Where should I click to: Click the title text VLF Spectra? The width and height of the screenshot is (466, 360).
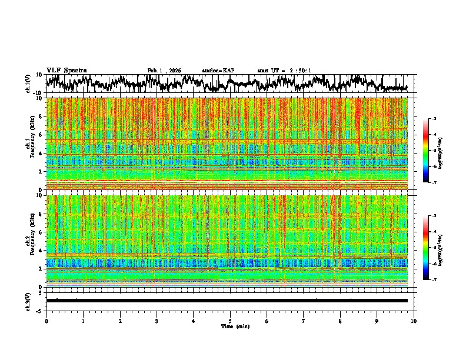66,70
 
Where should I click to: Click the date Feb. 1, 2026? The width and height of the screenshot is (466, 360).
164,71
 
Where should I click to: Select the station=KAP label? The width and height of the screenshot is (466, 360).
218,71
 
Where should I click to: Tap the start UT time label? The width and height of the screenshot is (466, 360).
284,71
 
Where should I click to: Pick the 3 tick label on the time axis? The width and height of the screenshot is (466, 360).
157,321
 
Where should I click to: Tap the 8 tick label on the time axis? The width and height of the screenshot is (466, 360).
340,321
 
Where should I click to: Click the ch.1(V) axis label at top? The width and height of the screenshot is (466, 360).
28,84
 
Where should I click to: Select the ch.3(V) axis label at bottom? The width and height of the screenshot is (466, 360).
28,301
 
